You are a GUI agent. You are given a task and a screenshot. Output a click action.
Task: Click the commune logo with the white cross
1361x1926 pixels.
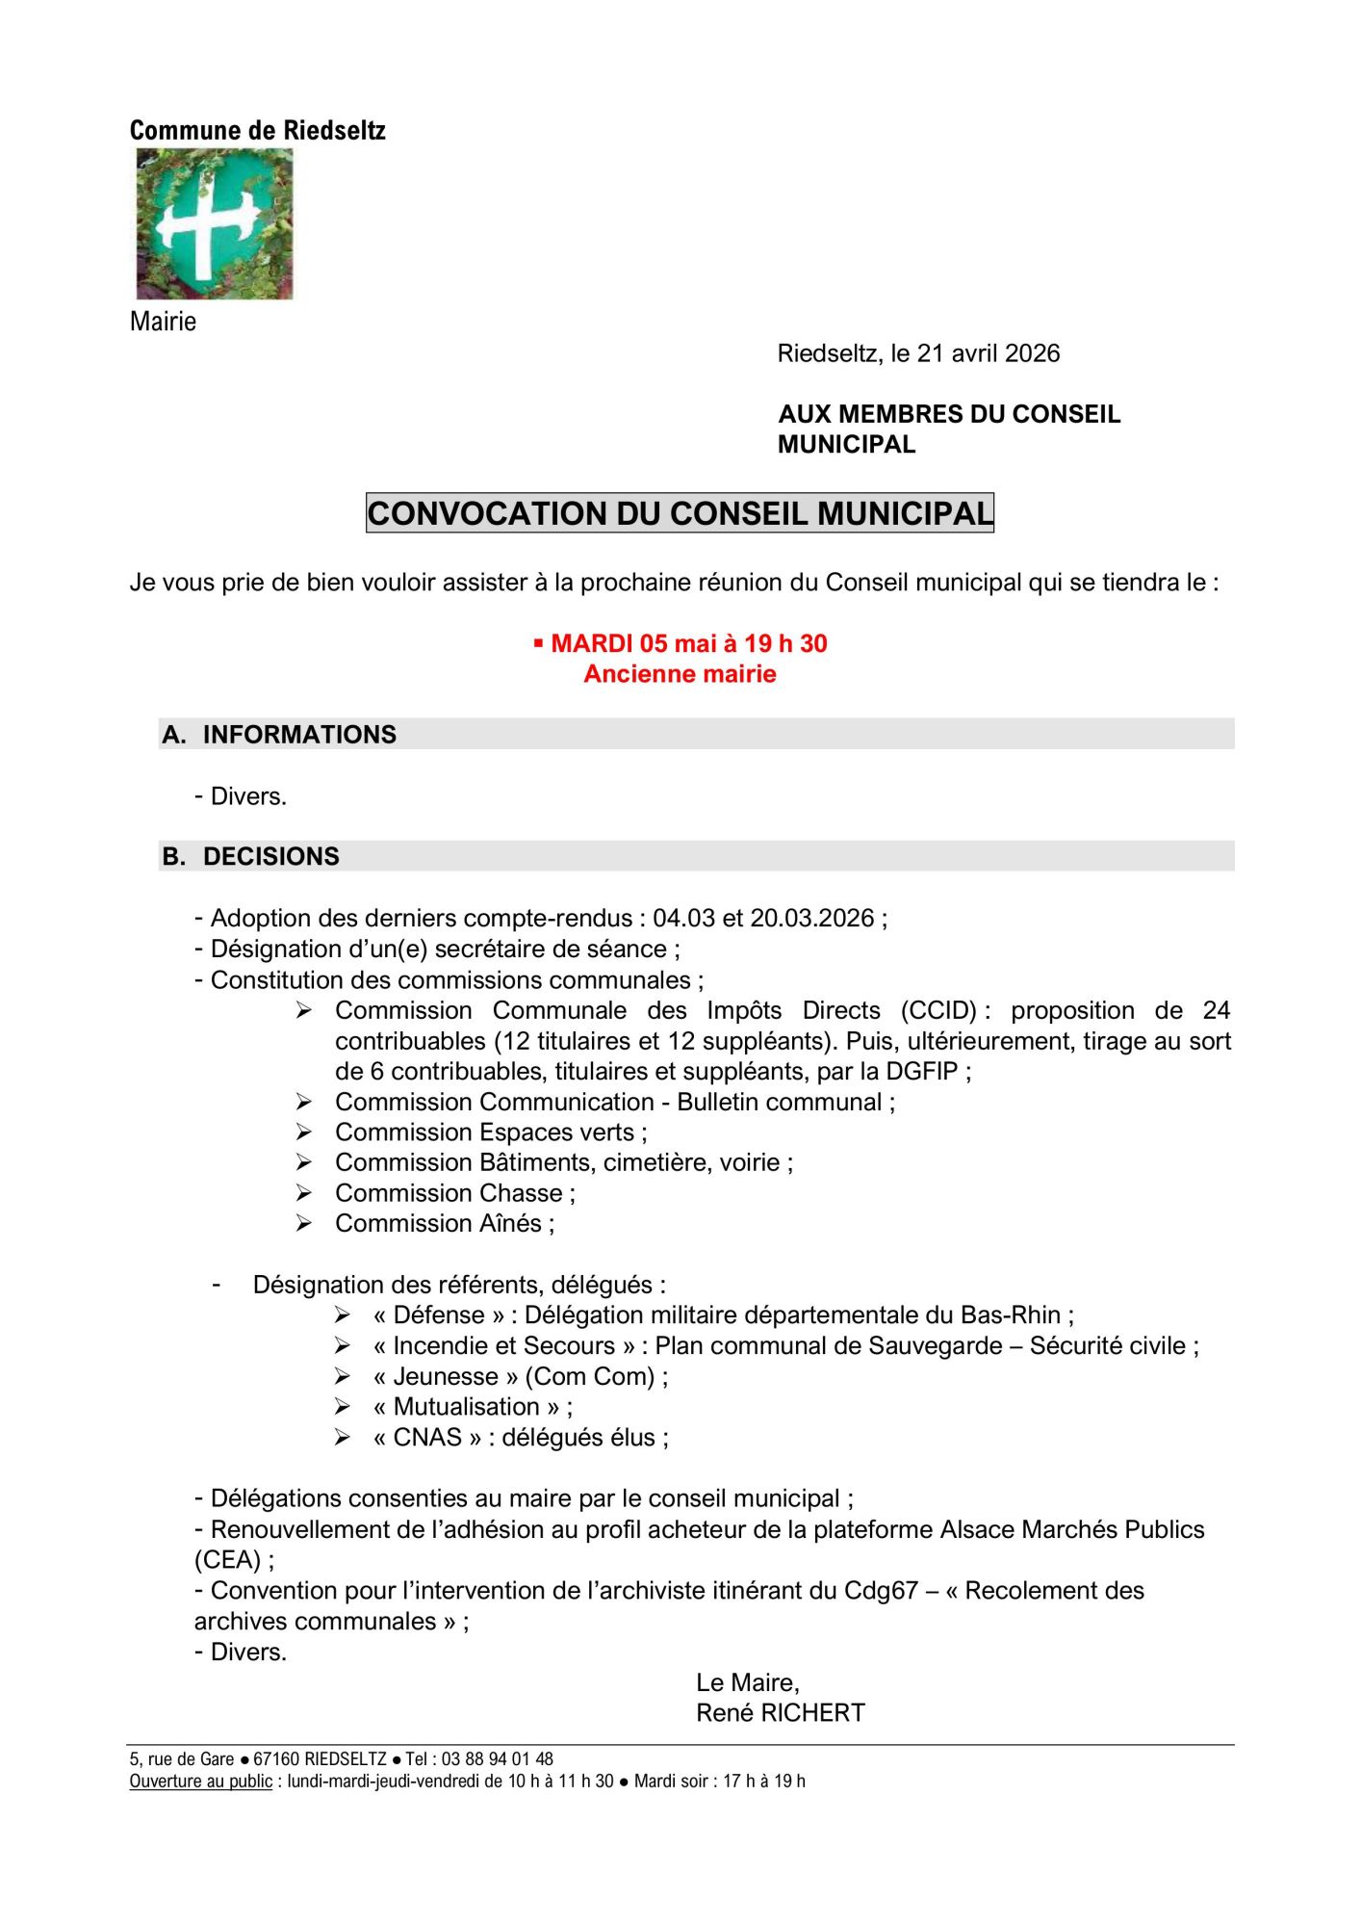[x=214, y=223]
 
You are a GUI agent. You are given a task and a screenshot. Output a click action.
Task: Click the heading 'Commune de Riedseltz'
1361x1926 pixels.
[x=257, y=131]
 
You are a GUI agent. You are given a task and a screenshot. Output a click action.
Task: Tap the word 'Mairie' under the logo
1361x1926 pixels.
[x=163, y=322]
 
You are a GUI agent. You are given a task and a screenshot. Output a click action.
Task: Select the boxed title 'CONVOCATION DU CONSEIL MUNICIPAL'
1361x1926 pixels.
[x=680, y=513]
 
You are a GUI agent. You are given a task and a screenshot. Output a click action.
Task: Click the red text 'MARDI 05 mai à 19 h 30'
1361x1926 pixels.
[x=688, y=643]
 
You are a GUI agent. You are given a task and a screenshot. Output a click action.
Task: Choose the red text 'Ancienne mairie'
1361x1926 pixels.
[x=680, y=674]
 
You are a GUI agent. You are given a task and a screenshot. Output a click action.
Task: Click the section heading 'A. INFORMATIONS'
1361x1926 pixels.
[x=279, y=735]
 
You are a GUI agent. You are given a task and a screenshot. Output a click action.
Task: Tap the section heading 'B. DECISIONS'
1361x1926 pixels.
[x=251, y=857]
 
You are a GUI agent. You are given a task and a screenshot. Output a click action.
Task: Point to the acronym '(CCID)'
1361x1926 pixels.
[x=938, y=1010]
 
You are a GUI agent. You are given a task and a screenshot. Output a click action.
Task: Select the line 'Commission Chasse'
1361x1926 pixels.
[x=454, y=1193]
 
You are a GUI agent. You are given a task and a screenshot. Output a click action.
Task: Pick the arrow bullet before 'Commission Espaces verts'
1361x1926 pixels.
[x=304, y=1132]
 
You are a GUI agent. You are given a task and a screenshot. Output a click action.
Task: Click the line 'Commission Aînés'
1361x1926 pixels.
[x=444, y=1223]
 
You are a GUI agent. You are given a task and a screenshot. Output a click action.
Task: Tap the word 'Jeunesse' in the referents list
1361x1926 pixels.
[x=446, y=1376]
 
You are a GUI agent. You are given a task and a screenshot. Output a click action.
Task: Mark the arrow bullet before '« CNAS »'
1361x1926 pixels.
[x=342, y=1438]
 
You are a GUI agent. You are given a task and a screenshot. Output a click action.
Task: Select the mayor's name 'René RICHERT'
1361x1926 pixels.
[x=781, y=1713]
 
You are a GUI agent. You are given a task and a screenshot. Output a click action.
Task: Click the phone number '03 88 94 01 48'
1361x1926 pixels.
[x=497, y=1759]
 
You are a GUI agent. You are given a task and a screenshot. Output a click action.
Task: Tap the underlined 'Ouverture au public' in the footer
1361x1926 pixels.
[x=201, y=1782]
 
